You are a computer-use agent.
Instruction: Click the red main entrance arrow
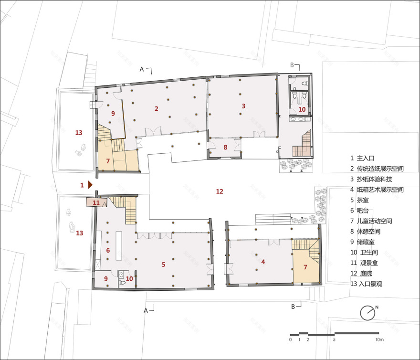pyautogui.click(x=90, y=185)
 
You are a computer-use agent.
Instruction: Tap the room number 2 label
pyautogui.click(x=157, y=108)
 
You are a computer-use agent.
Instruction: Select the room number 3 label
pyautogui.click(x=243, y=106)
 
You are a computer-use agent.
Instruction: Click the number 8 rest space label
pyautogui.click(x=225, y=147)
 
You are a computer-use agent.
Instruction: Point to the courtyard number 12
pyautogui.click(x=220, y=191)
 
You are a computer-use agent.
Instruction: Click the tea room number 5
pyautogui.click(x=163, y=265)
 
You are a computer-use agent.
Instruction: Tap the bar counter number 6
pyautogui.click(x=108, y=250)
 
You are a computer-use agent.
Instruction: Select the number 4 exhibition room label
pyautogui.click(x=263, y=262)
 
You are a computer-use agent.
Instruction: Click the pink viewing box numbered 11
pyautogui.click(x=97, y=202)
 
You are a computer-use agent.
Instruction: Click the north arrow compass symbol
pyautogui.click(x=368, y=313)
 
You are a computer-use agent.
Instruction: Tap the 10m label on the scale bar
pyautogui.click(x=379, y=339)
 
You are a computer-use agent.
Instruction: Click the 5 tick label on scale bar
pyautogui.click(x=334, y=339)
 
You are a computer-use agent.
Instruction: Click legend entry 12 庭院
pyautogui.click(x=361, y=274)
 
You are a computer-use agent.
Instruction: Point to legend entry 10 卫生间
pyautogui.click(x=364, y=253)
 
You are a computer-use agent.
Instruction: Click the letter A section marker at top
pyautogui.click(x=142, y=69)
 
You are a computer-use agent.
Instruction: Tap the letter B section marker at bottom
pyautogui.click(x=293, y=307)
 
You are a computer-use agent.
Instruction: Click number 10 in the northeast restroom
pyautogui.click(x=302, y=109)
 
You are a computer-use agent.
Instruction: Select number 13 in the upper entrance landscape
pyautogui.click(x=79, y=132)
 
